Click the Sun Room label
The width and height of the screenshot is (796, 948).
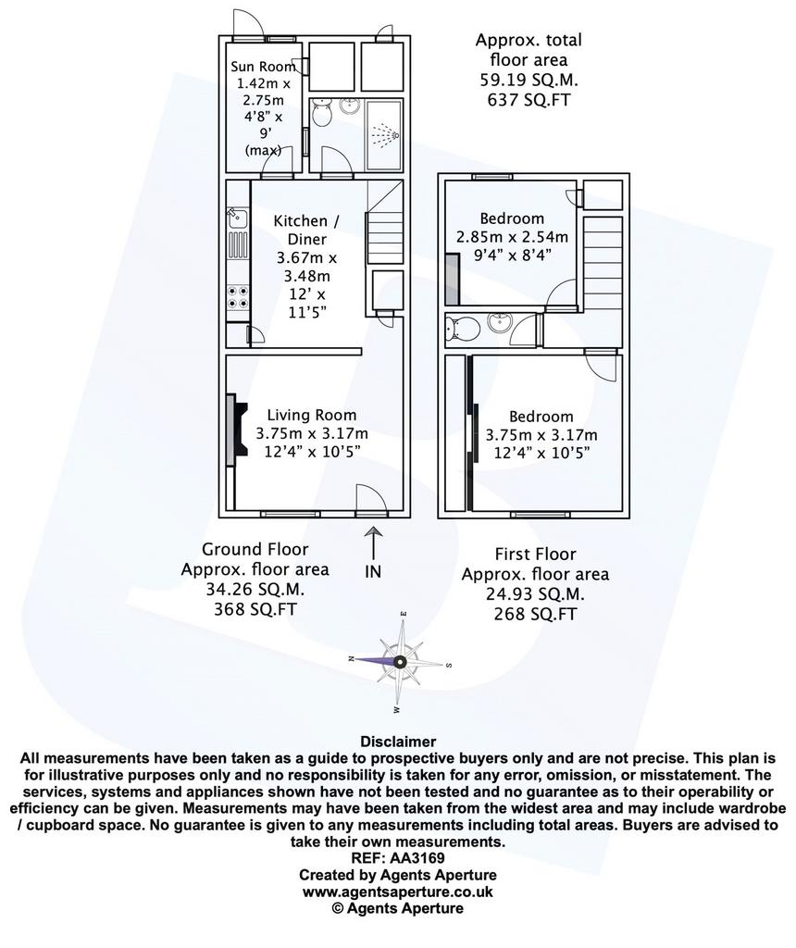[x=263, y=67]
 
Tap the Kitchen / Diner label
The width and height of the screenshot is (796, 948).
[x=306, y=230]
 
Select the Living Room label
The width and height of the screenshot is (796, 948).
[x=312, y=415]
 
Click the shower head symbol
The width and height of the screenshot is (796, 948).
[x=385, y=135]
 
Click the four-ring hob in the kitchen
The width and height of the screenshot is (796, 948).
[x=237, y=298]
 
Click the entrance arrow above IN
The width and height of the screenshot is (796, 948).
[x=374, y=543]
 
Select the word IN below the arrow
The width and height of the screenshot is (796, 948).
[x=373, y=571]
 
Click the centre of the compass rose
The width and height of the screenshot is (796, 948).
[x=400, y=662]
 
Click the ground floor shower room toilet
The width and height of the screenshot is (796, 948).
[x=321, y=113]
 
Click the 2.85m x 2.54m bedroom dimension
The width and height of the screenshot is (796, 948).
[x=512, y=237]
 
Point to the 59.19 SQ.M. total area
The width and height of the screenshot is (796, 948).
[x=529, y=80]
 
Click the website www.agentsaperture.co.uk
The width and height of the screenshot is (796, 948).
[x=398, y=892]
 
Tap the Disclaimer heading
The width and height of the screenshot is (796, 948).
[x=398, y=742]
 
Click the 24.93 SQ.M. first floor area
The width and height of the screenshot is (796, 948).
[x=536, y=593]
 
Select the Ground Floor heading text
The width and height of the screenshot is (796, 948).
[x=255, y=549]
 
